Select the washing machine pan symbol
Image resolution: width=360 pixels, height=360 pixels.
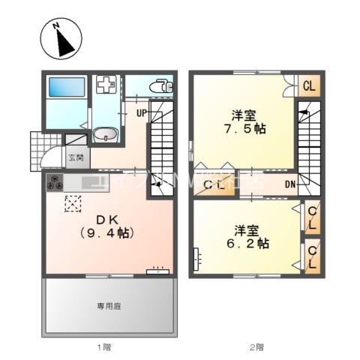tap(106, 86)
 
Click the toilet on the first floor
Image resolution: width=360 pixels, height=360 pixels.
tap(160, 85)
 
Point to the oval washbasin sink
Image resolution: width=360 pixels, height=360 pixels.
tap(105, 136)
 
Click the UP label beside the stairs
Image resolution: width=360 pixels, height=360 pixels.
tap(141, 114)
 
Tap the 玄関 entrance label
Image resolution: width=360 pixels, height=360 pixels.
tap(76, 157)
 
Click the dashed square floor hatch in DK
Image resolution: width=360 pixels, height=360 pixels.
tap(73, 203)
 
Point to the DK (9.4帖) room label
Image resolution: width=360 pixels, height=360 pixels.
tap(106, 226)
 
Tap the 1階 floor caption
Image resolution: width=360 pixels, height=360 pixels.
tap(104, 346)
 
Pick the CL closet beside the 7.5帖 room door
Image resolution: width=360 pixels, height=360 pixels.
tap(307, 86)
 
